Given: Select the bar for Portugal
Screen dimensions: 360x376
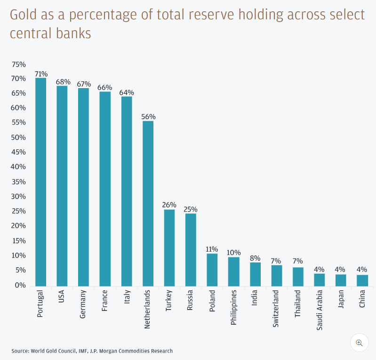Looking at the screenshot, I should (40, 182).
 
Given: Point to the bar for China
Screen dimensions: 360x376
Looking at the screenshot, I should (362, 280).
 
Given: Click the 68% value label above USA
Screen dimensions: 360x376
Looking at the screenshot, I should (62, 82).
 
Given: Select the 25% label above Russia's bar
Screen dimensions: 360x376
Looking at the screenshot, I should (191, 209).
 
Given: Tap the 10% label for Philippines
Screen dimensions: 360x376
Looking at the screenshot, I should (234, 253).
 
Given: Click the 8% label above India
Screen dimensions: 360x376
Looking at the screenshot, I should (255, 258).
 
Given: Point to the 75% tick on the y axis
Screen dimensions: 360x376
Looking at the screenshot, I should (19, 64).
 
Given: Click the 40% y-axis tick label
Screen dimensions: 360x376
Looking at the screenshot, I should (19, 167).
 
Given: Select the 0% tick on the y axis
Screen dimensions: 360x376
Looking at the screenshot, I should (20, 285).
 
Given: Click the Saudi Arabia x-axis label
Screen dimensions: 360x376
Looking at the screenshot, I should (320, 311).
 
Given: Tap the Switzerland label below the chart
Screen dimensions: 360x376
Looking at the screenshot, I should (277, 309).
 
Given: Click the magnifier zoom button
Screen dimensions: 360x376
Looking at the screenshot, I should (359, 343).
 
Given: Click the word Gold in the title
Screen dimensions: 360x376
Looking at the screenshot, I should (22, 15).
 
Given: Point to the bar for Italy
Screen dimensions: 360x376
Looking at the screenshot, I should (127, 191).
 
